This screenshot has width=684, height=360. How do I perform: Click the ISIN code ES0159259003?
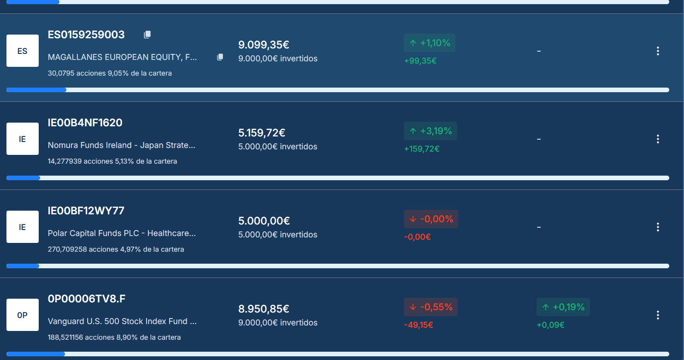pos(86,35)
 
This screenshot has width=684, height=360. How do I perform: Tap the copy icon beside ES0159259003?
pos(147,35)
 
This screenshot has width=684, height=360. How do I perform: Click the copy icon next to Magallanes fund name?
pos(220,57)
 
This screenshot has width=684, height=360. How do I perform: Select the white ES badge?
pos(23,51)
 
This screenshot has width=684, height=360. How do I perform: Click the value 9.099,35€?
pos(264,45)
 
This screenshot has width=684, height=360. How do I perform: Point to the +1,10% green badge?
pos(430,43)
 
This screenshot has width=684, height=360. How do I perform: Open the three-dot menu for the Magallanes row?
pos(658,51)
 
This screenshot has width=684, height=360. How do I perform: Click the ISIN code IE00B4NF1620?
pos(85,123)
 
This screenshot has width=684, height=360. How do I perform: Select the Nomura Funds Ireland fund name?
pos(122,145)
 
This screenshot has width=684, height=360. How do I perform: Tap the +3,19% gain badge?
pos(430,131)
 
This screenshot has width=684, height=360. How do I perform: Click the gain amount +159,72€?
pos(422,149)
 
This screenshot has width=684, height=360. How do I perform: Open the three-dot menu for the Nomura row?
pos(658,139)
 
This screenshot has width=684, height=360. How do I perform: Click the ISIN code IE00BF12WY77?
pos(86,211)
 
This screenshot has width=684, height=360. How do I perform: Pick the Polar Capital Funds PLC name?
pos(122,233)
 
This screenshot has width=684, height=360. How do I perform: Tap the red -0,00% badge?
pos(430,219)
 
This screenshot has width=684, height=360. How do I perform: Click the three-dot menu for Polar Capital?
pos(658,227)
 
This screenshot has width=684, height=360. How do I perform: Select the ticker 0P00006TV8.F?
pos(87,299)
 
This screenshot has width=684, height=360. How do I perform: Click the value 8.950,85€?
pos(264,309)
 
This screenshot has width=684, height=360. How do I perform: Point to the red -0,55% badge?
pos(430,307)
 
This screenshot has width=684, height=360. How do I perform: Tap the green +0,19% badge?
pos(563,307)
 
